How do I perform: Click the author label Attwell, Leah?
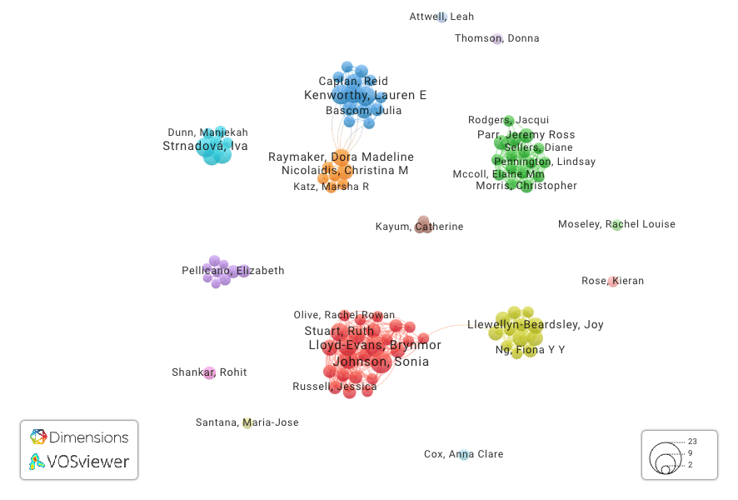[441, 17]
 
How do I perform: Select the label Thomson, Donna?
[496, 38]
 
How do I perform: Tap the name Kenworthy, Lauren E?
[365, 96]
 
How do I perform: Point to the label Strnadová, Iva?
[205, 146]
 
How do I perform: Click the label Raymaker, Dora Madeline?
[341, 157]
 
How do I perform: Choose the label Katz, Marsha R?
[331, 187]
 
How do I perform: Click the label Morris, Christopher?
[526, 186]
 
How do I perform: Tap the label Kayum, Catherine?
[419, 227]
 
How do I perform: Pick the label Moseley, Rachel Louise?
[616, 224]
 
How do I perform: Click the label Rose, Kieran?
[612, 282]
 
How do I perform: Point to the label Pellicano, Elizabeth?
[232, 271]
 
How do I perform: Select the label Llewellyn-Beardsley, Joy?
[535, 325]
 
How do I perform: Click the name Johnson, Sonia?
[381, 362]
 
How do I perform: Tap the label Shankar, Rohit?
[209, 372]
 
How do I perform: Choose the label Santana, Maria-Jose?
[247, 422]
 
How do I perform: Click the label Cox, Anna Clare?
[463, 454]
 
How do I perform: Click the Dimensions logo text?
[88, 437]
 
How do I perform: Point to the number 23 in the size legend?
[692, 441]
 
